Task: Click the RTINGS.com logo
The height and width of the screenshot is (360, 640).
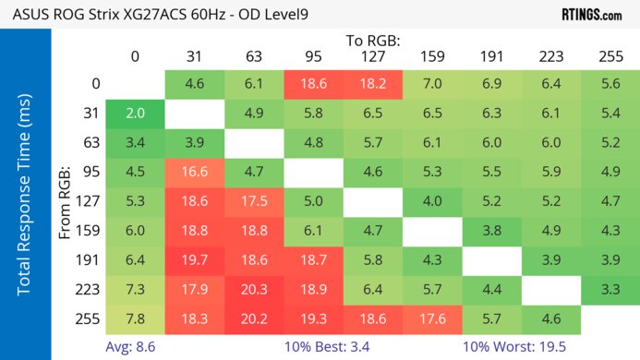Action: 591,14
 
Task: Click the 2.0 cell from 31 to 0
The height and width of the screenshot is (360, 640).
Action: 135,113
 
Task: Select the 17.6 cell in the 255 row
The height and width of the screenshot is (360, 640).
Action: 431,319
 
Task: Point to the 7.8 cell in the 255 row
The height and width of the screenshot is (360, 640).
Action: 135,319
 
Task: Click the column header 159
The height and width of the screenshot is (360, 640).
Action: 431,56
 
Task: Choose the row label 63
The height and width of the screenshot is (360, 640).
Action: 90,142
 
